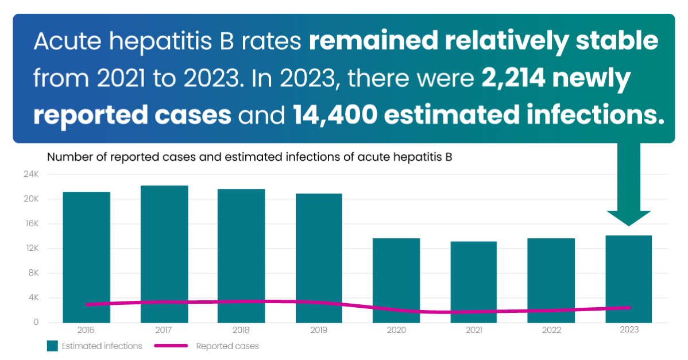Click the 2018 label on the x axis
pos(241,330)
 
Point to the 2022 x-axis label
pos(551,330)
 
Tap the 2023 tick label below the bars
pos(629,330)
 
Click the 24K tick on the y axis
pos(31,175)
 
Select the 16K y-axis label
pos(31,224)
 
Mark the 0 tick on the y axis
pos(36,323)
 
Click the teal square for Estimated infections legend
pos(52,346)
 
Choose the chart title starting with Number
pos(250,157)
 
